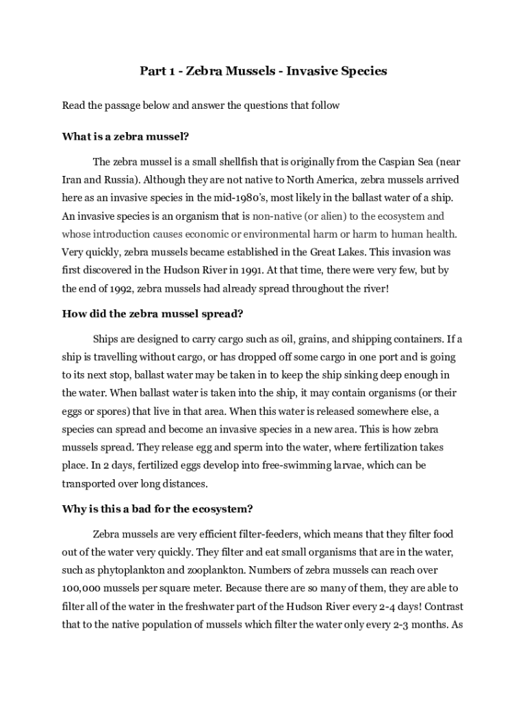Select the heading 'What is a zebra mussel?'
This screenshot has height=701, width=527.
pyautogui.click(x=125, y=136)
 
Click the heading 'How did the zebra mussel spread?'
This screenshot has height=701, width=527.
pyautogui.click(x=153, y=314)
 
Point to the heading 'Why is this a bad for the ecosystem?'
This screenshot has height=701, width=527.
pyautogui.click(x=157, y=509)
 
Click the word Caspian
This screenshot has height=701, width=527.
pyautogui.click(x=382, y=162)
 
